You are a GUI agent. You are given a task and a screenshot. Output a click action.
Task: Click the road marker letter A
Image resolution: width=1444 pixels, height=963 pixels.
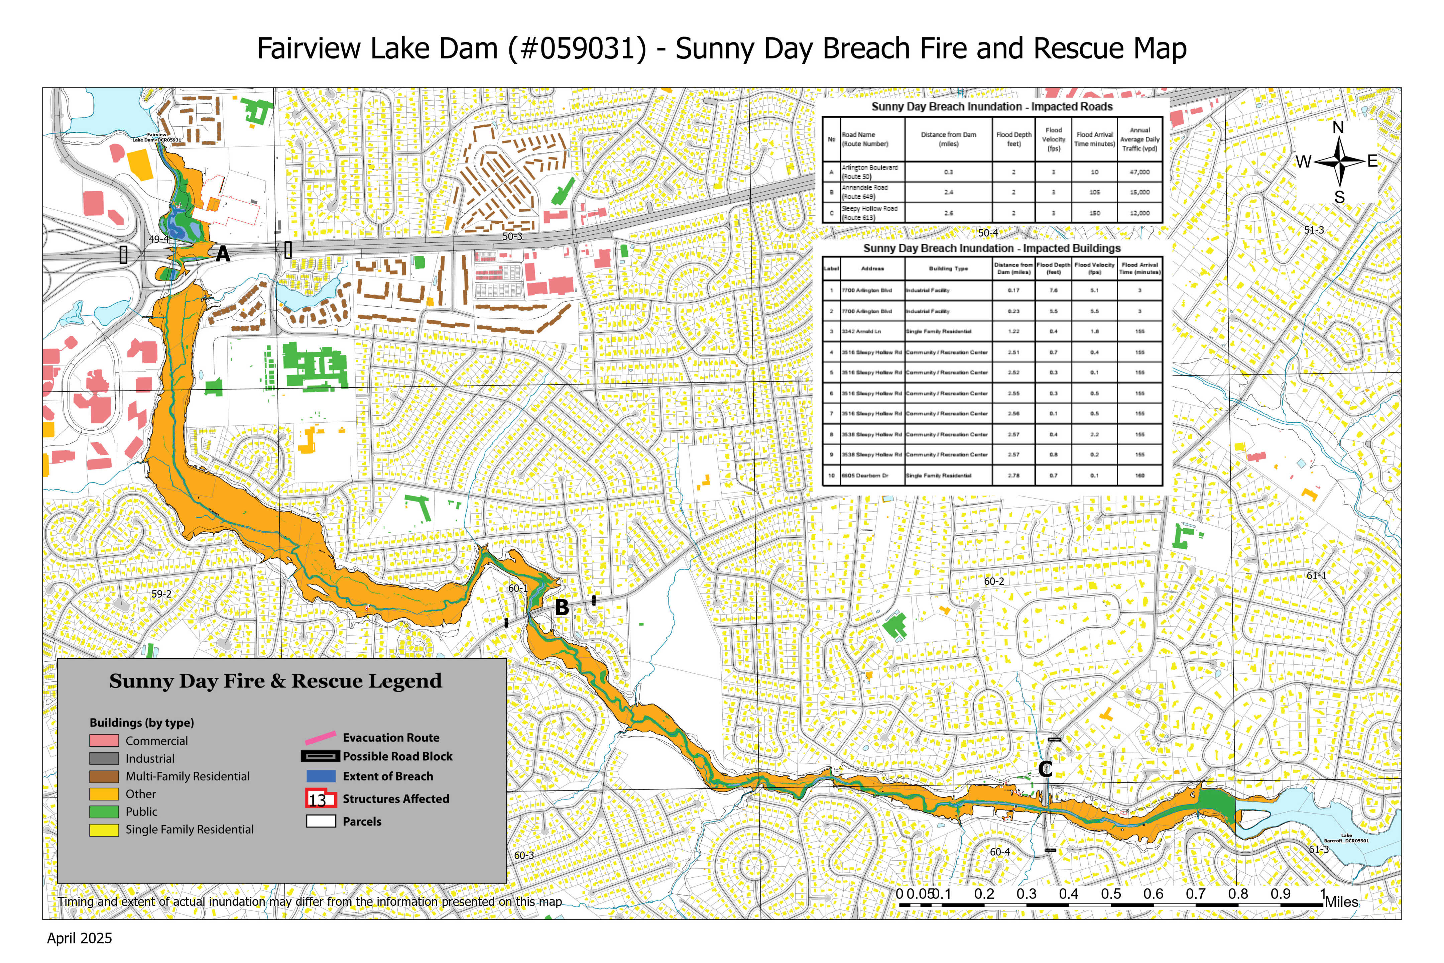(x=223, y=254)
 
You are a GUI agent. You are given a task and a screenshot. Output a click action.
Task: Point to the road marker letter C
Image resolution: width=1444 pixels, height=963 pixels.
(x=1045, y=769)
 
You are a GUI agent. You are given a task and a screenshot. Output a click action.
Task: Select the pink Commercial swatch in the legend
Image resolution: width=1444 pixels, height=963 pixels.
(x=104, y=741)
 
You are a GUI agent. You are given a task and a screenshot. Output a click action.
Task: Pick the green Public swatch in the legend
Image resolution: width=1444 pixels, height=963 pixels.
(x=104, y=811)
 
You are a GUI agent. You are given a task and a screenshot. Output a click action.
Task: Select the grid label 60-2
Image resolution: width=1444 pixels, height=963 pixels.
(x=994, y=581)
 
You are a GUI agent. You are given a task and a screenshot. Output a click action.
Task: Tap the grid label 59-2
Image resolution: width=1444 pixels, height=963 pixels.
(x=161, y=594)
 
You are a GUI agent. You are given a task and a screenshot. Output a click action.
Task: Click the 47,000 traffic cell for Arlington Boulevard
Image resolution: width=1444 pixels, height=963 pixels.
(x=1139, y=172)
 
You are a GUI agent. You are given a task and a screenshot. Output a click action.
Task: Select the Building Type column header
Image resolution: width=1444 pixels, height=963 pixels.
(x=948, y=269)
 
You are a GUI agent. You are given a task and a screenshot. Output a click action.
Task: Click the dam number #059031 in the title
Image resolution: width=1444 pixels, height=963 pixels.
(x=577, y=48)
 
